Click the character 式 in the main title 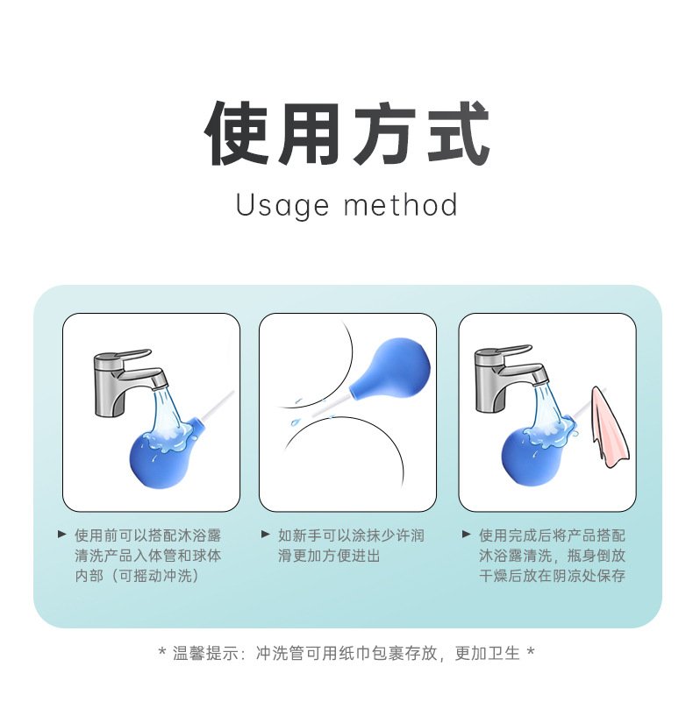point(457,133)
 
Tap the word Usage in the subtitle point(282,205)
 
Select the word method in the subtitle point(401,204)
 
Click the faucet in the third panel point(507,377)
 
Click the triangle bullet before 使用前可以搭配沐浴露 point(62,534)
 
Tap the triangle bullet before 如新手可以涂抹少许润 point(266,534)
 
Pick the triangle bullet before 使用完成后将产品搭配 point(466,534)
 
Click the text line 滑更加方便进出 point(329,556)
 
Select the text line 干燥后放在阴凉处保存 point(552,575)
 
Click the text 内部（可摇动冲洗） point(137,575)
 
